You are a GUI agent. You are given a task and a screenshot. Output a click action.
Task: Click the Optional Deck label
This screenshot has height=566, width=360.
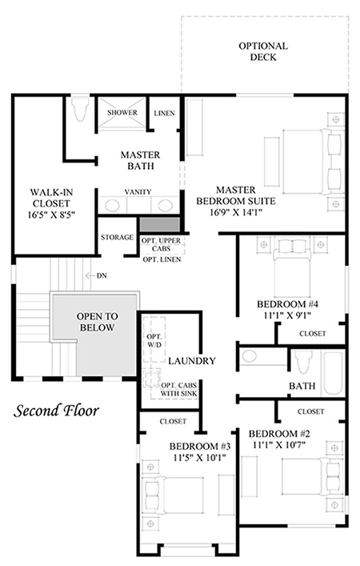point(263,51)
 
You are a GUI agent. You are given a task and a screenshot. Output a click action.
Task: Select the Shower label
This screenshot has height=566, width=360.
point(122,113)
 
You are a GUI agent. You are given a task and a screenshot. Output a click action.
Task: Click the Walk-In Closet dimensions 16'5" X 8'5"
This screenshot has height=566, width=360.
point(51,215)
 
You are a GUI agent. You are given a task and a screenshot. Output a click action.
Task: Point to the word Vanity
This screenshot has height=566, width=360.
point(138,191)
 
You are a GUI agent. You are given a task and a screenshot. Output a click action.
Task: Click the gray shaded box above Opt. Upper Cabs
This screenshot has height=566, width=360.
point(160,224)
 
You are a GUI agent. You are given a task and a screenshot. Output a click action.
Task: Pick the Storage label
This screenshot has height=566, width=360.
point(117,237)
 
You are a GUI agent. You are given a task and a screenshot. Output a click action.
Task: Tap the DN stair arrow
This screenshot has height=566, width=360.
point(90,275)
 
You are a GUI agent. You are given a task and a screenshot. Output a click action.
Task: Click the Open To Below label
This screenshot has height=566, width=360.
point(97,322)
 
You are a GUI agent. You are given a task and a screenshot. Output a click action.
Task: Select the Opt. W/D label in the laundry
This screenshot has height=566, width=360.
point(154,340)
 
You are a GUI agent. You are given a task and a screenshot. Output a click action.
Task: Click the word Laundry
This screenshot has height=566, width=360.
point(191,360)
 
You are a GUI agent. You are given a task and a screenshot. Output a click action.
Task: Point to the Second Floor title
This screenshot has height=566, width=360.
point(56,411)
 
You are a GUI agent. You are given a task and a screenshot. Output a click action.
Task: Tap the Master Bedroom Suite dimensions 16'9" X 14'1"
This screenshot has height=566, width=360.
point(236,212)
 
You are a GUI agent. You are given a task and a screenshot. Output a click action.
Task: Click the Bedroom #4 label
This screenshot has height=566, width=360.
point(287,304)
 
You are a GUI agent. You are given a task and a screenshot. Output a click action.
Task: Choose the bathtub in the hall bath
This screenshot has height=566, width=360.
point(333,373)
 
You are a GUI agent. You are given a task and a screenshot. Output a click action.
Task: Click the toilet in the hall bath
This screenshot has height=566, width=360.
point(302,362)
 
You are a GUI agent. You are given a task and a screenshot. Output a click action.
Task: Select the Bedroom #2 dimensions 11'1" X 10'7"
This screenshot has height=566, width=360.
point(279,445)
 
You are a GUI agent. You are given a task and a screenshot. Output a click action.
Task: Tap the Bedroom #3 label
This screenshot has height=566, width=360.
point(200,446)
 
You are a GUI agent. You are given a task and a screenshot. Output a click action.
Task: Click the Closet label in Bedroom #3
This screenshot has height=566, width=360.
point(173,421)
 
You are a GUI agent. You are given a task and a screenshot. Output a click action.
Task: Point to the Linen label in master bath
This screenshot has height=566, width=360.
point(165,113)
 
